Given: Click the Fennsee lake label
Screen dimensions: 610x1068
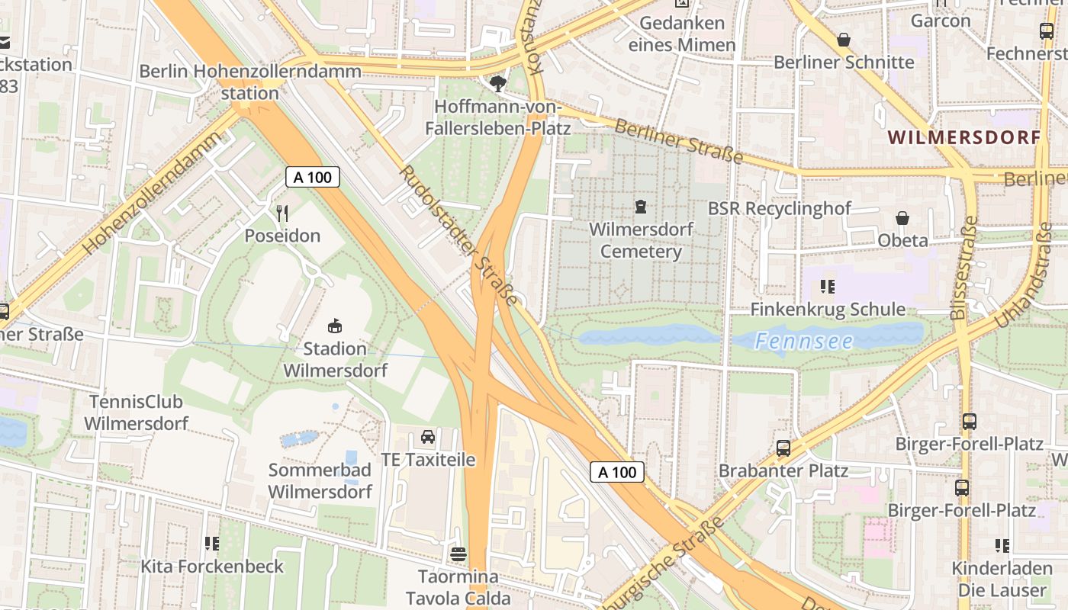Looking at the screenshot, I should tap(804, 341).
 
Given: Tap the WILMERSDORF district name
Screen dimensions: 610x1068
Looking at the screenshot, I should tap(964, 138).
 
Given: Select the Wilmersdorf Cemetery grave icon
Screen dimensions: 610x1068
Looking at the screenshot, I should tap(641, 206).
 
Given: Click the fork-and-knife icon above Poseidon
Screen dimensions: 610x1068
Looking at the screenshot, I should tap(282, 213).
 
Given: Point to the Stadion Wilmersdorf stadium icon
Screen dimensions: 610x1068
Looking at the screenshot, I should tap(334, 326).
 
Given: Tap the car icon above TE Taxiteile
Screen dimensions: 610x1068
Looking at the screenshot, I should tap(428, 437).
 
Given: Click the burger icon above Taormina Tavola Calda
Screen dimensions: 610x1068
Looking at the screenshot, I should tap(458, 554).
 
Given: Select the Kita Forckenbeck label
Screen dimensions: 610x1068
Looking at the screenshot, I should tap(211, 567).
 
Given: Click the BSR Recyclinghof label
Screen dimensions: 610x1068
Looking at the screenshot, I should tap(780, 208).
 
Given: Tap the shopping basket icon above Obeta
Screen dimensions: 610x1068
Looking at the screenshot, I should tap(902, 218).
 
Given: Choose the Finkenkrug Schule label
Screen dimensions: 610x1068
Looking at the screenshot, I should tap(828, 310).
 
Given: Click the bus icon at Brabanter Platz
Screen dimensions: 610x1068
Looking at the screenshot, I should tap(783, 448).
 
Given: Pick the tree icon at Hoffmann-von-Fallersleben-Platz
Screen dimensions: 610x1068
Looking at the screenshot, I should tap(499, 83).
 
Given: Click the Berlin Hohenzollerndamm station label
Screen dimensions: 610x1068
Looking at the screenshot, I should tap(249, 82).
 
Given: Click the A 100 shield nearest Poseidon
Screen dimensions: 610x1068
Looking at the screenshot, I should tap(312, 178).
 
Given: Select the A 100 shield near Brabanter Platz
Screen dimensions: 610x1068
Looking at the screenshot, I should tap(616, 472).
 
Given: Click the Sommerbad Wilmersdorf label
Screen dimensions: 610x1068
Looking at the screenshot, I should tap(320, 480).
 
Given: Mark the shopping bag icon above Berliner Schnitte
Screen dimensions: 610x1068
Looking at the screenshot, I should tap(844, 39).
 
